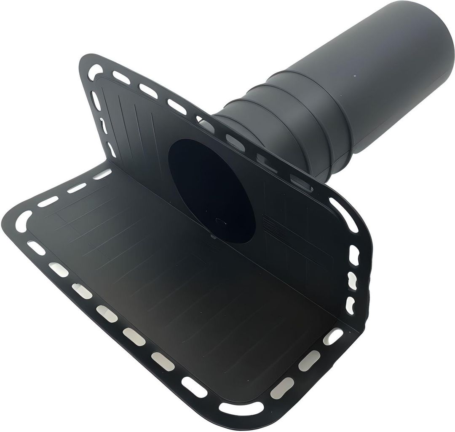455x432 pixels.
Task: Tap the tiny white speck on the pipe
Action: pos(355,76)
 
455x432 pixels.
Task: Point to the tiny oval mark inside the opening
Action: pos(219,220)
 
